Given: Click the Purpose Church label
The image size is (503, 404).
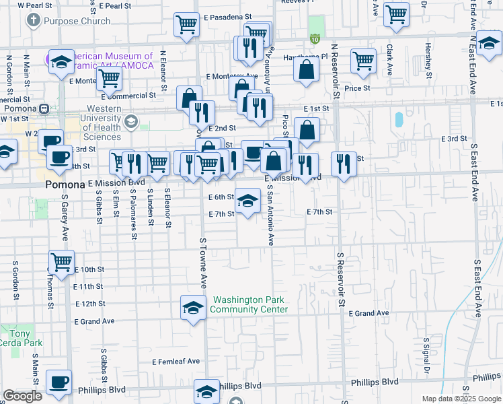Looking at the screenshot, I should coord(77,21).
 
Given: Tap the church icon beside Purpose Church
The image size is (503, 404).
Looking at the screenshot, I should coord(33,20).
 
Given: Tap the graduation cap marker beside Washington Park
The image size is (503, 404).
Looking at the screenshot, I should coord(193,308).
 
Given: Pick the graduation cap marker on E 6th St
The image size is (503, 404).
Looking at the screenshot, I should coord(247,201).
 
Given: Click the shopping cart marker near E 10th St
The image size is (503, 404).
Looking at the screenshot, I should coord(61,261).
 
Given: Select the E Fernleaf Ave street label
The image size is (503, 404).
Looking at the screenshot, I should coord(176,362).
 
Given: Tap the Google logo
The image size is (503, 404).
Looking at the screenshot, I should coord(23,395).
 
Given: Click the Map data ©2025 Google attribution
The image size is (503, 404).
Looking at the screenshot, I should coord(461,399).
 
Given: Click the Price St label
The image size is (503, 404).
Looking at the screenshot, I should coord(357,88).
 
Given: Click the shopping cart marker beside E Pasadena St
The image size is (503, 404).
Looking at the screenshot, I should coord(186,25).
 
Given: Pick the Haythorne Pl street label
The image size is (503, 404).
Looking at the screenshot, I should coord(305,57).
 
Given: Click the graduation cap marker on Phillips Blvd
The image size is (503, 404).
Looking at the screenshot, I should coord(206,391).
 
